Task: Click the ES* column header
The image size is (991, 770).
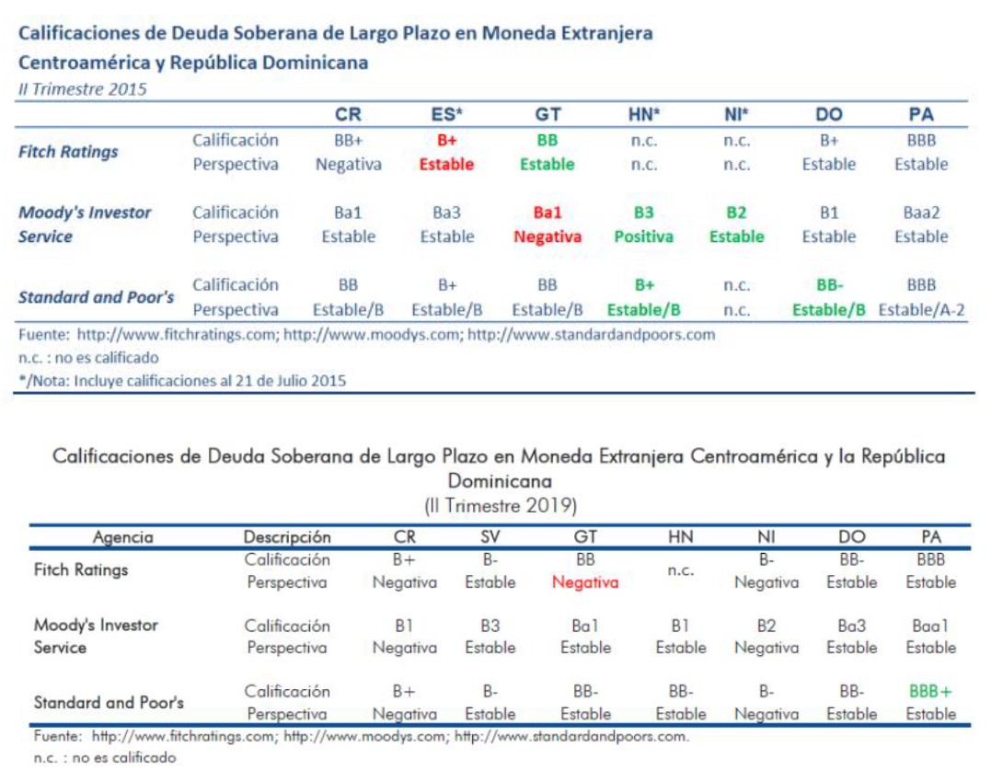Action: [446, 115]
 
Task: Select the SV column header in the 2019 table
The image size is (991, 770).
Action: [490, 536]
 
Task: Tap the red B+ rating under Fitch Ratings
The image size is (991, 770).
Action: [446, 141]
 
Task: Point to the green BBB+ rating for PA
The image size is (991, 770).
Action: [930, 691]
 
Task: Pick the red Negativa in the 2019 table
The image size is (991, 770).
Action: [585, 582]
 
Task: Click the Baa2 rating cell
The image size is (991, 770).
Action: [921, 213]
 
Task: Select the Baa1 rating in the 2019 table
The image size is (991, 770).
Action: [930, 625]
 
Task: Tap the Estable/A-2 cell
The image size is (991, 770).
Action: [921, 309]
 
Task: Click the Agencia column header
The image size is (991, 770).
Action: [122, 536]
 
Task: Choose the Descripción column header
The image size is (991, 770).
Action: [286, 536]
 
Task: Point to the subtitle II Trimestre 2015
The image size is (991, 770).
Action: [82, 89]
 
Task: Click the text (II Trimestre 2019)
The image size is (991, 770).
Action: [501, 506]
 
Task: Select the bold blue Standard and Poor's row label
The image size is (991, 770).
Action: [97, 297]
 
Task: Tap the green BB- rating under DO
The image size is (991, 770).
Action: [828, 285]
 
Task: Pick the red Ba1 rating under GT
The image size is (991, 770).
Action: [547, 213]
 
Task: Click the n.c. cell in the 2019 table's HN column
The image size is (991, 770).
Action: [680, 570]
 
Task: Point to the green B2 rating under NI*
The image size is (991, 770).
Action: [736, 213]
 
